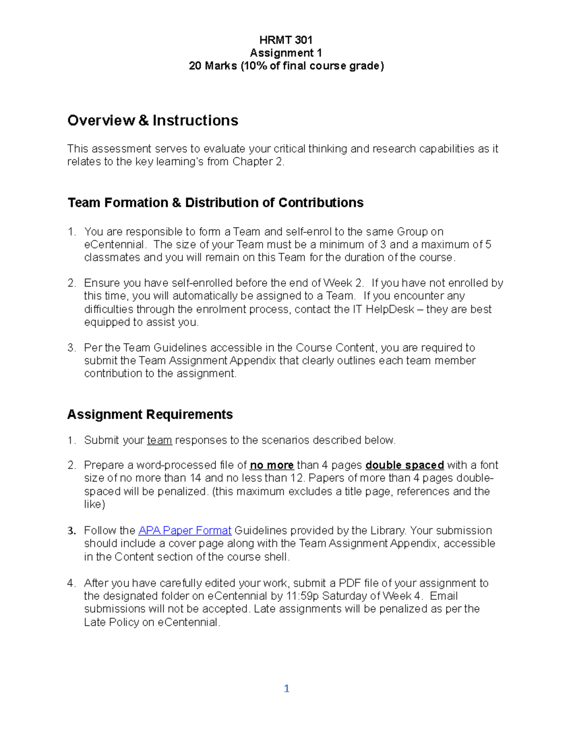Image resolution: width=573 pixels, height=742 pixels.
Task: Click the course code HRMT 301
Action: point(286,40)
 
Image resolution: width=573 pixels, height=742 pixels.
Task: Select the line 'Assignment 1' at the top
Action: point(286,53)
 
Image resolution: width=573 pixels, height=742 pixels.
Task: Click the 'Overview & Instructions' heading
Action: point(153,120)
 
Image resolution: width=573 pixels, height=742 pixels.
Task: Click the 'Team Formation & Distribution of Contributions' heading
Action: point(215,203)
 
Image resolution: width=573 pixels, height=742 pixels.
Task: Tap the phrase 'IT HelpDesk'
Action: point(383,309)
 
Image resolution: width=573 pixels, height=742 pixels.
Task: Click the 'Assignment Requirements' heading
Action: point(150,414)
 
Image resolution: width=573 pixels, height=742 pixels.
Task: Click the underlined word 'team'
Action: point(159,440)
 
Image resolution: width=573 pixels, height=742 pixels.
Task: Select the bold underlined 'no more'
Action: point(272,465)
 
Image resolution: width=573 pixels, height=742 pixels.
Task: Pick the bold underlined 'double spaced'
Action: point(404,465)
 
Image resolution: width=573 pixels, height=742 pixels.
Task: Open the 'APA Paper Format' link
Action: point(185,530)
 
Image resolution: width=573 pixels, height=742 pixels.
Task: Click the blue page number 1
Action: point(286,688)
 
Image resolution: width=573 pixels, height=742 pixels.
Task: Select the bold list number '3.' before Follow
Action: point(72,531)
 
